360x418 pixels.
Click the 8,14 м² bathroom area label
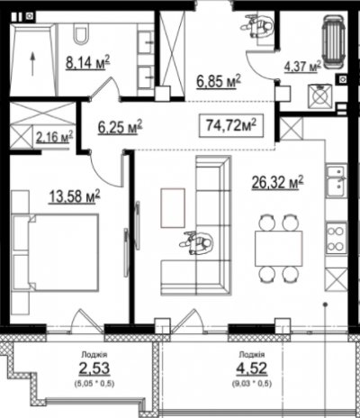click(x=88, y=62)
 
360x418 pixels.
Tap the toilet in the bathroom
click(x=82, y=34)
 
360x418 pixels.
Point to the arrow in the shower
click(x=32, y=64)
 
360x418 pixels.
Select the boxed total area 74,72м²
click(x=231, y=125)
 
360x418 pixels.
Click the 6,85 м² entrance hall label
click(x=219, y=81)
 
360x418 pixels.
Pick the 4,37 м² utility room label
click(x=302, y=67)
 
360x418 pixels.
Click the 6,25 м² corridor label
click(x=121, y=127)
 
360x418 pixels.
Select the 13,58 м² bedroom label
click(x=75, y=197)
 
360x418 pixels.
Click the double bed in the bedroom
click(x=56, y=252)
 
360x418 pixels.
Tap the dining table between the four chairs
click(x=279, y=248)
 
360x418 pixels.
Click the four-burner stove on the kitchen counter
click(x=337, y=239)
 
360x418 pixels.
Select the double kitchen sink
click(x=337, y=181)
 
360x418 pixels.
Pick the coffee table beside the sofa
click(x=173, y=208)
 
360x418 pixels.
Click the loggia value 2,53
click(x=94, y=368)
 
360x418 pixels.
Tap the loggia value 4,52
click(x=251, y=368)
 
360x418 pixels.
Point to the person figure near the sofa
click(x=197, y=243)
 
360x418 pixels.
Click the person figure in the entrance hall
click(x=256, y=25)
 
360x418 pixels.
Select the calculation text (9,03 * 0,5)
click(x=252, y=384)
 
